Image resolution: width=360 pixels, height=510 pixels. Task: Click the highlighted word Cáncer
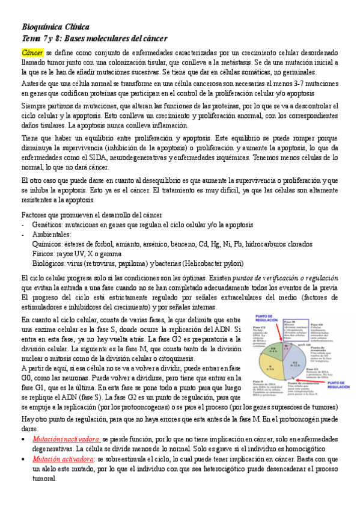click(x=32, y=52)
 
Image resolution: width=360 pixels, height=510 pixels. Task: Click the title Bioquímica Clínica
click(x=55, y=28)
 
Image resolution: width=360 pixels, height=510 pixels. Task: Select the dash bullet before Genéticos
click(x=23, y=224)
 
